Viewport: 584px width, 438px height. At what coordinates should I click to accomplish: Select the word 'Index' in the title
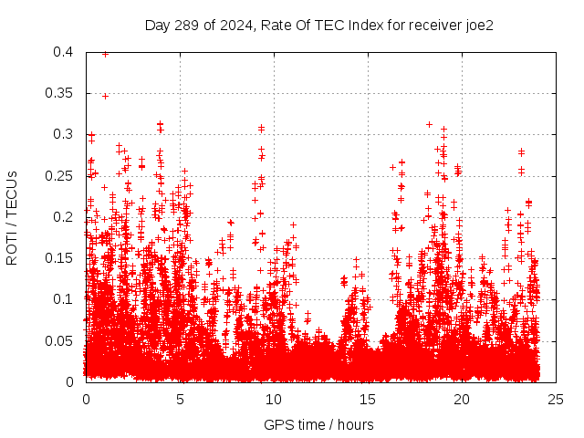pos(355,26)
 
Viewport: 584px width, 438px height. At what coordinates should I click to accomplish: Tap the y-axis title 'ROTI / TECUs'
pos(12,217)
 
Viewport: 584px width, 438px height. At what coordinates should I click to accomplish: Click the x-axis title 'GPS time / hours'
pos(318,424)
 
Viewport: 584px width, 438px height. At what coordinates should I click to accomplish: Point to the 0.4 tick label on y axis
pos(63,52)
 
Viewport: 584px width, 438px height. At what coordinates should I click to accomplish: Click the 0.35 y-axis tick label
pos(59,93)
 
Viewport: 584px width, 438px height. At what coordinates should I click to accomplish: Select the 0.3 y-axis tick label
pos(63,134)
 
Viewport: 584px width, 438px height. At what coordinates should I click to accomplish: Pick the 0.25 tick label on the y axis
pos(59,175)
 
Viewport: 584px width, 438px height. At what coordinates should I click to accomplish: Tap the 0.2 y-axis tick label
pos(63,216)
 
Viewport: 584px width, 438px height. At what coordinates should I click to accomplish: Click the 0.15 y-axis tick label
pos(59,257)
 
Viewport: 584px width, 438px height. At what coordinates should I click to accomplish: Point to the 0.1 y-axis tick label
pos(63,298)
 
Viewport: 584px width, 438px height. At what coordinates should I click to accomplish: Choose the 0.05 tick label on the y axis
pos(59,340)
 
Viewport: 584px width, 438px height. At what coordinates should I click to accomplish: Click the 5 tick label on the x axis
pos(180,400)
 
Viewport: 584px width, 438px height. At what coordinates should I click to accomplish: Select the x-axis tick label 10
pos(274,400)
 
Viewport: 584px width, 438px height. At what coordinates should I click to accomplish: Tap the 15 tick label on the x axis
pos(368,400)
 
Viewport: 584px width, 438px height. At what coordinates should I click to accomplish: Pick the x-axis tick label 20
pos(462,400)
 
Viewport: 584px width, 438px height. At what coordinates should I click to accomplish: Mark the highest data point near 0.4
pos(105,54)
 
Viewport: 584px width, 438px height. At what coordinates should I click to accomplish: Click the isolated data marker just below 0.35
pos(105,96)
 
